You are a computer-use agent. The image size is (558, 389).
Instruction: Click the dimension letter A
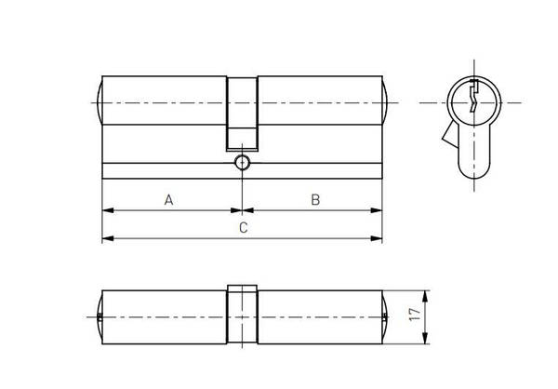[x=168, y=200]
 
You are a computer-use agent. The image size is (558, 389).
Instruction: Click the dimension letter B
[x=315, y=200]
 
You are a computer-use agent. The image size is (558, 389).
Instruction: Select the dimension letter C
[x=243, y=228]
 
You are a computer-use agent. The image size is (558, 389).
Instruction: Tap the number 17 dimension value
[x=415, y=315]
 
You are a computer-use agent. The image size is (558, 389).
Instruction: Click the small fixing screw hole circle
[x=243, y=163]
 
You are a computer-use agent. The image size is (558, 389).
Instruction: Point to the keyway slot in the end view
[x=473, y=96]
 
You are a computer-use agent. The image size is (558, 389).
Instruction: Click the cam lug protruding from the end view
[x=450, y=134]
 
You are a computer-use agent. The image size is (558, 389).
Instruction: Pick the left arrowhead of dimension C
[x=108, y=238]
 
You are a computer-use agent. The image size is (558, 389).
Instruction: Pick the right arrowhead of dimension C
[x=377, y=238]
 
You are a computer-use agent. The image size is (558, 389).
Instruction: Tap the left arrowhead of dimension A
[x=108, y=210]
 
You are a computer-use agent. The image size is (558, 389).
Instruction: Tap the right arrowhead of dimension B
[x=377, y=210]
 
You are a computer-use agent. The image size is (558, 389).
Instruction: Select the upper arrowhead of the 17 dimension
[x=425, y=296]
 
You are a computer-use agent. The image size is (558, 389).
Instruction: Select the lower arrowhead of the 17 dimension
[x=425, y=338]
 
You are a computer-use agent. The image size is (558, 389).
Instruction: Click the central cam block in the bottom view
[x=243, y=315]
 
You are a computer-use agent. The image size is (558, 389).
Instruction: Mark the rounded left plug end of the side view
[x=100, y=102]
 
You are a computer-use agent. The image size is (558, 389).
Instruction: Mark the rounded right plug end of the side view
[x=385, y=102]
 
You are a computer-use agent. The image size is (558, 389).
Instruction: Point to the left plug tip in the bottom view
[x=100, y=317]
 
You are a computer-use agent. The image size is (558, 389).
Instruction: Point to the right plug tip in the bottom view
[x=385, y=317]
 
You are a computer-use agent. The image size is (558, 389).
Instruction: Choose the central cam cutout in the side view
[x=243, y=114]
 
